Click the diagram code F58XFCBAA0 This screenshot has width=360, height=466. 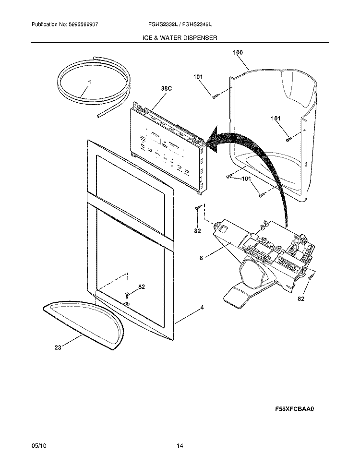point(297,409)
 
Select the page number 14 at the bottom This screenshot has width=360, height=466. point(180,446)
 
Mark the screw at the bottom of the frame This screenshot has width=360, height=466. point(127,295)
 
